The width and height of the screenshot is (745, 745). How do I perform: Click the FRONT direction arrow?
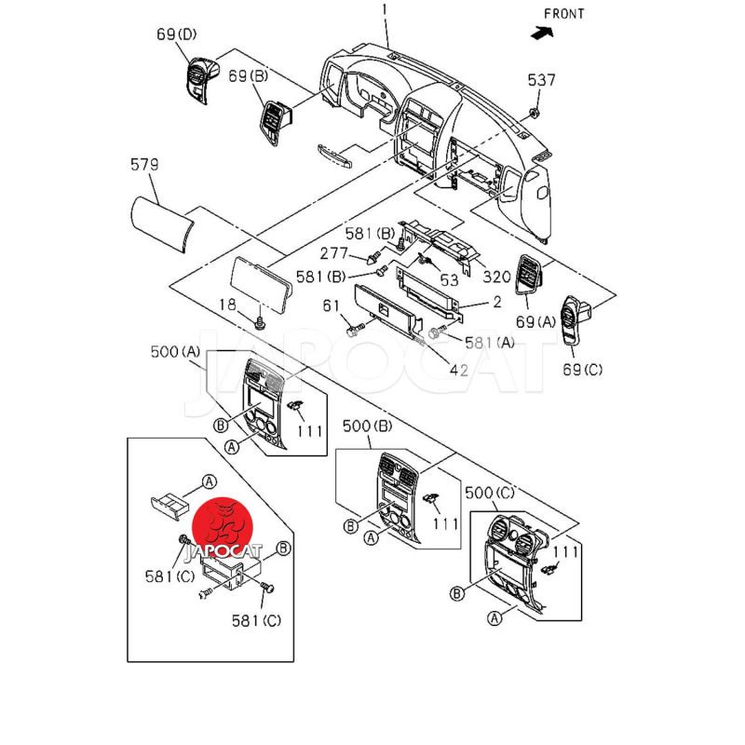pyautogui.click(x=539, y=32)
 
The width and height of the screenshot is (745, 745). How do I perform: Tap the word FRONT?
pyautogui.click(x=564, y=13)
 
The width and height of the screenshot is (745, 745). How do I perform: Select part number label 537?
pyautogui.click(x=541, y=80)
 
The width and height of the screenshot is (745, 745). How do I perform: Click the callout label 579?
pyautogui.click(x=144, y=165)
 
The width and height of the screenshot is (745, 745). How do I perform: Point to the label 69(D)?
pyautogui.click(x=177, y=35)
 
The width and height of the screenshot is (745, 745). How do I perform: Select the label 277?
pyautogui.click(x=334, y=253)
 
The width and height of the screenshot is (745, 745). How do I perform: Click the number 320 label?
pyautogui.click(x=496, y=277)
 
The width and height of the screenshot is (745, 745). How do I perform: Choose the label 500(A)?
pyautogui.click(x=175, y=352)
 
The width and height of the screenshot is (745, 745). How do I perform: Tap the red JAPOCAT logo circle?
pyautogui.click(x=224, y=524)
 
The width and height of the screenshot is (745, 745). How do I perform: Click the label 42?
pyautogui.click(x=458, y=370)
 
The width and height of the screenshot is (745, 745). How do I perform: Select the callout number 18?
pyautogui.click(x=228, y=305)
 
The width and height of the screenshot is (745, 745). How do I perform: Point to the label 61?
pyautogui.click(x=332, y=306)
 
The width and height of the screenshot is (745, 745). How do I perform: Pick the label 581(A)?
pyautogui.click(x=492, y=343)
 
